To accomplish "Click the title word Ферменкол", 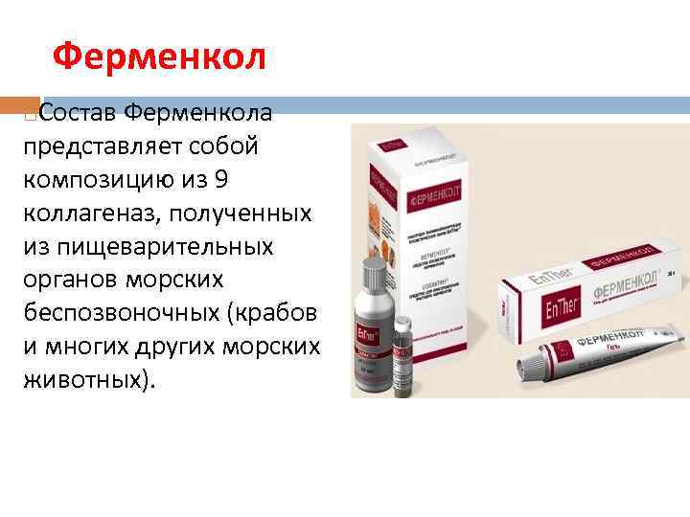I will click(158, 58).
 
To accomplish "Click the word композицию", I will click(98, 179).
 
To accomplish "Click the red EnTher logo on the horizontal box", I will click(539, 312).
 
